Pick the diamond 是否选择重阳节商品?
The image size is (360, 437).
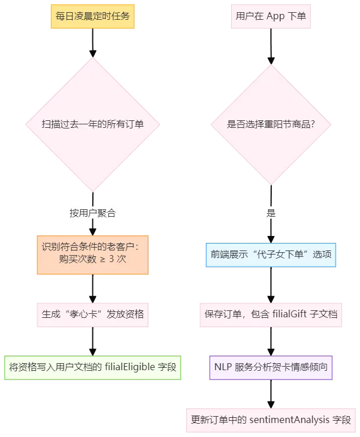[271, 124]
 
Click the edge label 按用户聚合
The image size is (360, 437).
[92, 213]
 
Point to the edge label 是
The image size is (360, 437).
[271, 213]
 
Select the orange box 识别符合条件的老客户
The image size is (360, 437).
[92, 253]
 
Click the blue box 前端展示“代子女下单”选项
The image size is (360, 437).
[271, 255]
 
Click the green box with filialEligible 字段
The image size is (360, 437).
[92, 367]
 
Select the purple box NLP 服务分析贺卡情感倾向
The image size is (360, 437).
[271, 367]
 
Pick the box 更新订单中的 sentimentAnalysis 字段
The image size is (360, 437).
[271, 419]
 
